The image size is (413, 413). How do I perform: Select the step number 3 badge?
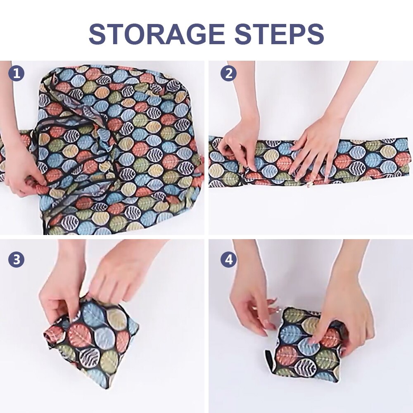coord(17,259)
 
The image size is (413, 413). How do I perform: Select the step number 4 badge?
coord(228,259)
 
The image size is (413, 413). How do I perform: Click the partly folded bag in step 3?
coord(93,337)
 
